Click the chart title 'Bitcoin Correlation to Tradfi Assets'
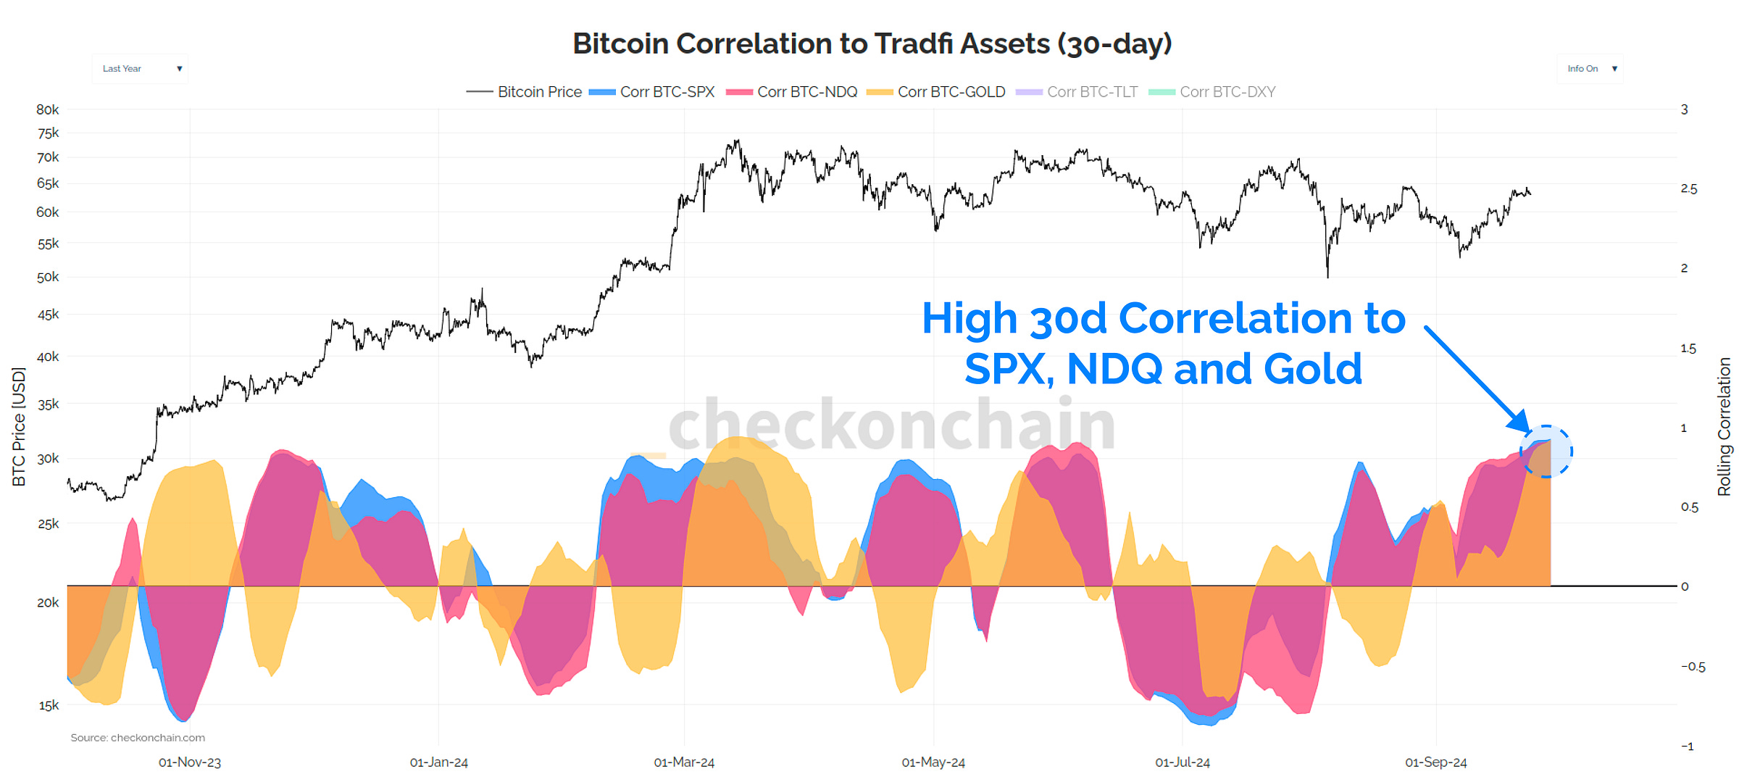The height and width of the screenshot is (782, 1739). [x=872, y=43]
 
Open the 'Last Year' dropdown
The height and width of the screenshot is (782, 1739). [x=140, y=69]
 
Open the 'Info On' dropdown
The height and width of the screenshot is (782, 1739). [x=1590, y=69]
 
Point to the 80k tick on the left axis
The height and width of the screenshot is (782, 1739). [x=48, y=109]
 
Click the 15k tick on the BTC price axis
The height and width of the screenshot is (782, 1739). [x=48, y=705]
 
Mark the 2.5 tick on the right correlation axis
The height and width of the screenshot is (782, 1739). [x=1688, y=189]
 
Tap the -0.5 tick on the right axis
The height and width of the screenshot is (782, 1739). [x=1693, y=667]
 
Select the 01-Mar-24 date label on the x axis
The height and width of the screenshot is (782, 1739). [x=684, y=762]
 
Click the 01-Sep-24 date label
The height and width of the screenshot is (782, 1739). [x=1435, y=762]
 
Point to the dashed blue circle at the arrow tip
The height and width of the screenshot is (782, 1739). [x=1546, y=452]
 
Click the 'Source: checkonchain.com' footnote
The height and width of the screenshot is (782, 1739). [x=138, y=738]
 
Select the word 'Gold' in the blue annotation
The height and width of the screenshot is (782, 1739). [x=1312, y=369]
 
